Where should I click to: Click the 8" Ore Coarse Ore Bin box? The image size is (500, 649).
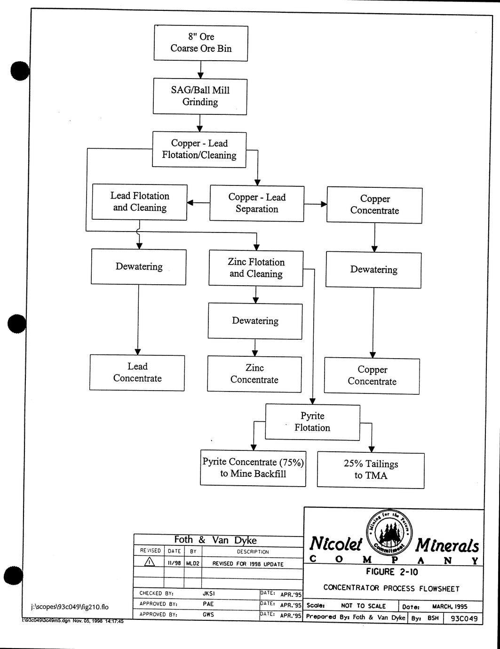tap(201, 43)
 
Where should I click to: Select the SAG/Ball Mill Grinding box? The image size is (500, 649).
tap(200, 96)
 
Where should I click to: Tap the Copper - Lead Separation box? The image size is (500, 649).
tap(257, 203)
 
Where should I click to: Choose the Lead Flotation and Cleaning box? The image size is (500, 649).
tap(140, 202)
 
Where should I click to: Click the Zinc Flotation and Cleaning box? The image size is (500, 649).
tap(256, 268)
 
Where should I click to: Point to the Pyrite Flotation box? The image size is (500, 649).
tap(312, 422)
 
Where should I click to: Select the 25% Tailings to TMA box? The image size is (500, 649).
tap(371, 470)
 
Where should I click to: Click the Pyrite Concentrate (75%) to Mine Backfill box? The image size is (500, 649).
tap(253, 468)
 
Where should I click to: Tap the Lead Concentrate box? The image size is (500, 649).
tap(137, 372)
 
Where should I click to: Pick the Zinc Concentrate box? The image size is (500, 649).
tap(254, 374)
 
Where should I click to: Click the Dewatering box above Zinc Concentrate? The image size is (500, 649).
tap(255, 321)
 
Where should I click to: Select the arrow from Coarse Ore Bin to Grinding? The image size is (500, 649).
tap(201, 70)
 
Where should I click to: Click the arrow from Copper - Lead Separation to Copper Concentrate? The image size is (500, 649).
tap(315, 204)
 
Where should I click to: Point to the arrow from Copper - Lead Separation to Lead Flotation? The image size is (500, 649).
tap(198, 203)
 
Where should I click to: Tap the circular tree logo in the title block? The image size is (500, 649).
tap(389, 532)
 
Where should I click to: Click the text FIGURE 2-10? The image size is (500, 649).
tap(392, 572)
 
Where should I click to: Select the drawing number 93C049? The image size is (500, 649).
tap(464, 618)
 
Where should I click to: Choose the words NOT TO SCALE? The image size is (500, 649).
tap(363, 606)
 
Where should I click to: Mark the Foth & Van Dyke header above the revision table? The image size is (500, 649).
tap(215, 540)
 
